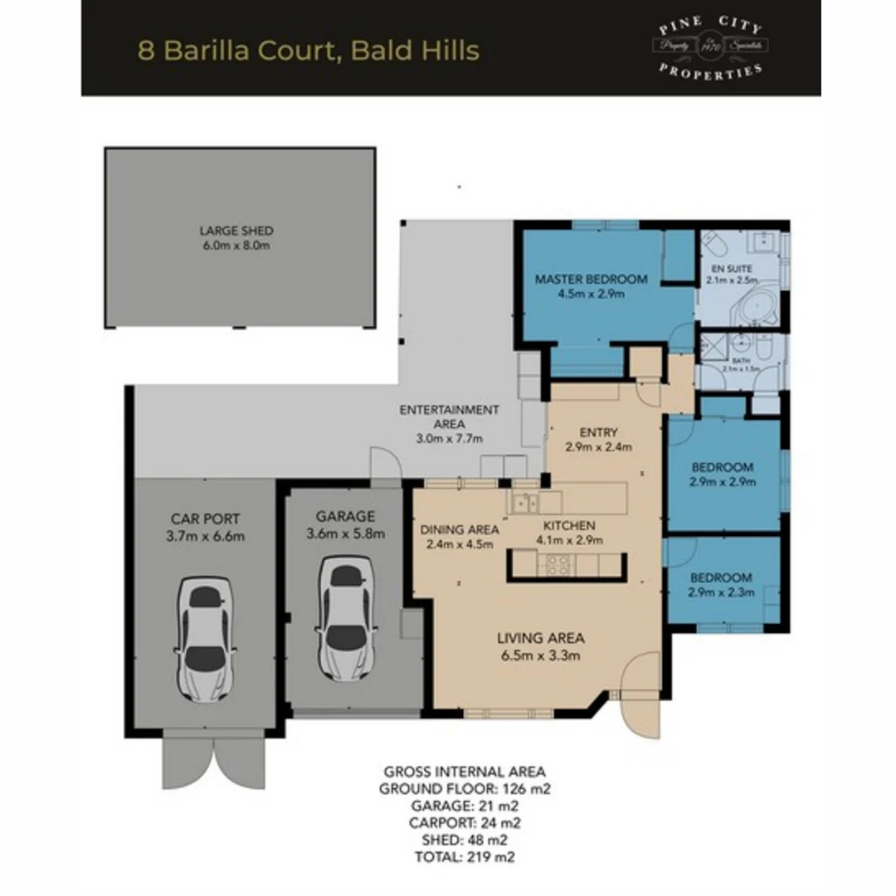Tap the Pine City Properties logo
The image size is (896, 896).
[x=711, y=46]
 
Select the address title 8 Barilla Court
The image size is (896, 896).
[x=308, y=50]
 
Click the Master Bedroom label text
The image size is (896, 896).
[x=591, y=279]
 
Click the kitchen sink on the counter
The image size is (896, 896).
[x=524, y=502]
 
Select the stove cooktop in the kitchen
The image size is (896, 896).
[x=556, y=565]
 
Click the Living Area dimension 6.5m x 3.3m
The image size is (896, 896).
[x=541, y=655]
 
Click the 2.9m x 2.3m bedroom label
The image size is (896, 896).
[x=721, y=585]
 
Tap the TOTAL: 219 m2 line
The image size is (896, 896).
[x=464, y=857]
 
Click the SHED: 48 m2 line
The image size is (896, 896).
[x=464, y=840]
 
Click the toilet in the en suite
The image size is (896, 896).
[x=713, y=244]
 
